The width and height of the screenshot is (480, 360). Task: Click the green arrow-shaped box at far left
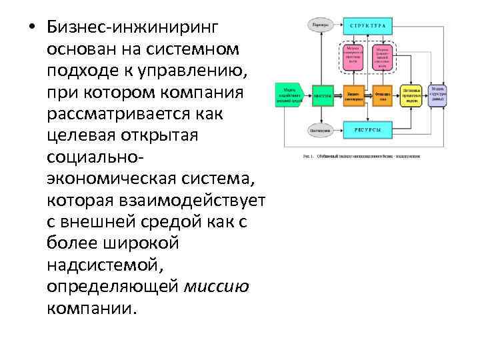pos(289,95)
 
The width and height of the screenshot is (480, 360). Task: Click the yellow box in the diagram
pos(413,95)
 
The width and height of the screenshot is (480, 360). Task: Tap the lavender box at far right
pos(437,95)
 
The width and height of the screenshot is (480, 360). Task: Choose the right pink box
pos(382,55)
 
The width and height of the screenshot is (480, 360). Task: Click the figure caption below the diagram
pos(361,156)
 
